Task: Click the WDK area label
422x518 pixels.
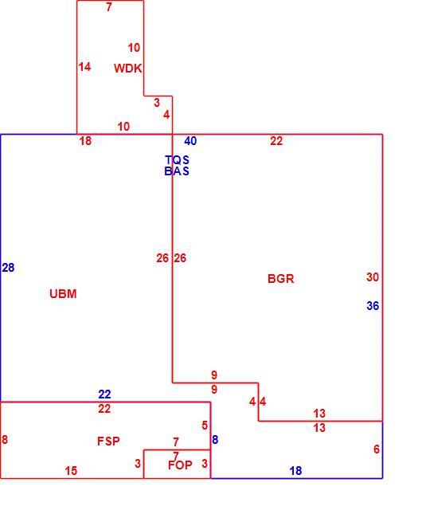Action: point(127,69)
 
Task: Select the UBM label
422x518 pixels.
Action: point(63,294)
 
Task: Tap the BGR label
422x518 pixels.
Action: point(281,278)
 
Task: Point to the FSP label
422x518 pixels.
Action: point(108,441)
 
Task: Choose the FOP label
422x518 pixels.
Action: point(180,465)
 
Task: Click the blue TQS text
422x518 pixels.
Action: point(178,160)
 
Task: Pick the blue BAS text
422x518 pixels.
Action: point(177,171)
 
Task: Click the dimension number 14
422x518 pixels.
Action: point(84,67)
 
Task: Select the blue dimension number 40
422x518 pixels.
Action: point(190,141)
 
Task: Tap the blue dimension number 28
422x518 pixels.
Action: point(8,268)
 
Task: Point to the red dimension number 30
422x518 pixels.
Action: point(373,277)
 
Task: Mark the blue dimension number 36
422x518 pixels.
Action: point(373,305)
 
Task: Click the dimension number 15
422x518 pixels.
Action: point(71,471)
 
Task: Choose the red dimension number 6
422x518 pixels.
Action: point(377,449)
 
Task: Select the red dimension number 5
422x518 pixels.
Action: point(205,426)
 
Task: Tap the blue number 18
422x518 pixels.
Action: point(295,471)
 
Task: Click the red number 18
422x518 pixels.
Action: point(85,141)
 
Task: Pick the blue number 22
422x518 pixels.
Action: point(104,394)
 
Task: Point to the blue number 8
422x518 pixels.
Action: point(215,440)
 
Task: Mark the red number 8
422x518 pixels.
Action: point(5,440)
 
